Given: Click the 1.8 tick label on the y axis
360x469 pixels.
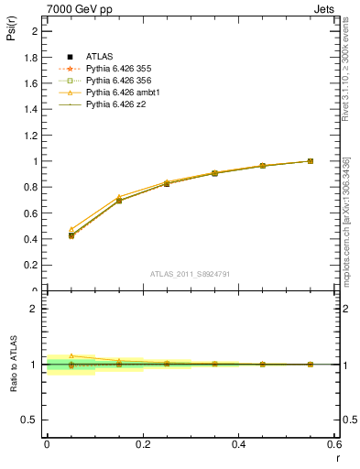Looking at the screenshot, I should click(30, 57).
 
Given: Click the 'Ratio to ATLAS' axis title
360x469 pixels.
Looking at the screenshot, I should click(13, 365).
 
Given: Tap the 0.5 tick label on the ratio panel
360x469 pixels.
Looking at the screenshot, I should click(30, 420).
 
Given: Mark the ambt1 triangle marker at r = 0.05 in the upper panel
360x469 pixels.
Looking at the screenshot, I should click(71, 229).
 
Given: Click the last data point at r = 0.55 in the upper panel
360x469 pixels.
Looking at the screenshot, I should click(311, 161).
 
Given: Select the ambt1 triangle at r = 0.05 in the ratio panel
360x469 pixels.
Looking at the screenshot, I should click(71, 355).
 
